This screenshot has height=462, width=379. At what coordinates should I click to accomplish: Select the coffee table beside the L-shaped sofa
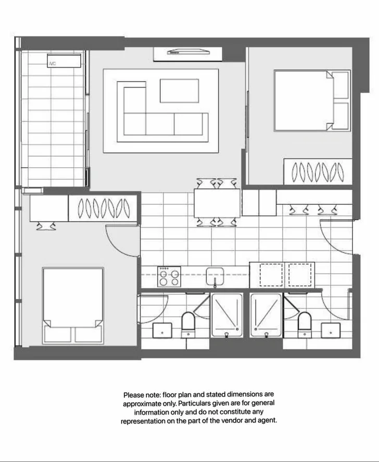pyautogui.click(x=179, y=91)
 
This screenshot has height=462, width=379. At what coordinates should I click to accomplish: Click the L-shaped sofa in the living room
pyautogui.click(x=156, y=122)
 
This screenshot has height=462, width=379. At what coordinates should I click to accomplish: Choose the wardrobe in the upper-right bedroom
pyautogui.click(x=318, y=171)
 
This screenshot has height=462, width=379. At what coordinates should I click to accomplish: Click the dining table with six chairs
pyautogui.click(x=217, y=203)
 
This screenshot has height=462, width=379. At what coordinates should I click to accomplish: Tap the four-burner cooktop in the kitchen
pyautogui.click(x=169, y=276)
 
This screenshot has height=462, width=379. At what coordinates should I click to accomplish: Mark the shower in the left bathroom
pyautogui.click(x=226, y=315)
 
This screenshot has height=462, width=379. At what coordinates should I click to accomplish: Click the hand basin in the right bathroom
pyautogui.click(x=331, y=330)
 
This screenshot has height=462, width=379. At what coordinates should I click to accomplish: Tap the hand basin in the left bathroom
pyautogui.click(x=163, y=330)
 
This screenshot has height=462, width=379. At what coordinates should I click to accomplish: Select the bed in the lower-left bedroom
pyautogui.click(x=72, y=305)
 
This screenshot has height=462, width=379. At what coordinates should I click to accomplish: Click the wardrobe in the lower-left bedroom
pyautogui.click(x=103, y=208)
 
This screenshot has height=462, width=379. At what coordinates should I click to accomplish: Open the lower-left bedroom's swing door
pyautogui.click(x=123, y=240)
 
